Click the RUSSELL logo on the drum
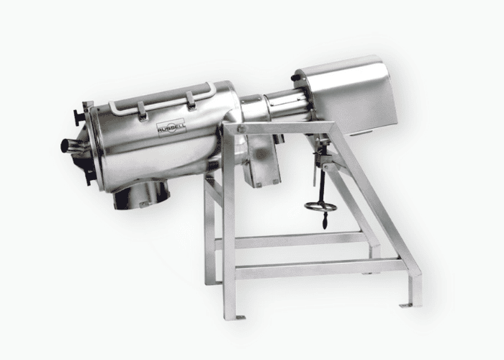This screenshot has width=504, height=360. coord(171,127)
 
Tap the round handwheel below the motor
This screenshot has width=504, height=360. coord(320,207)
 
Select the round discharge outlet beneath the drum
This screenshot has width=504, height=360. coord(140,194)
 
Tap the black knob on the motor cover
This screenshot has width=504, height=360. coord(294,78)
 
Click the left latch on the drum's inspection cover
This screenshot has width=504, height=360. coord(142,111)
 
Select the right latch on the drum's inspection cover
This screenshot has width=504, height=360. coord(191,101)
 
